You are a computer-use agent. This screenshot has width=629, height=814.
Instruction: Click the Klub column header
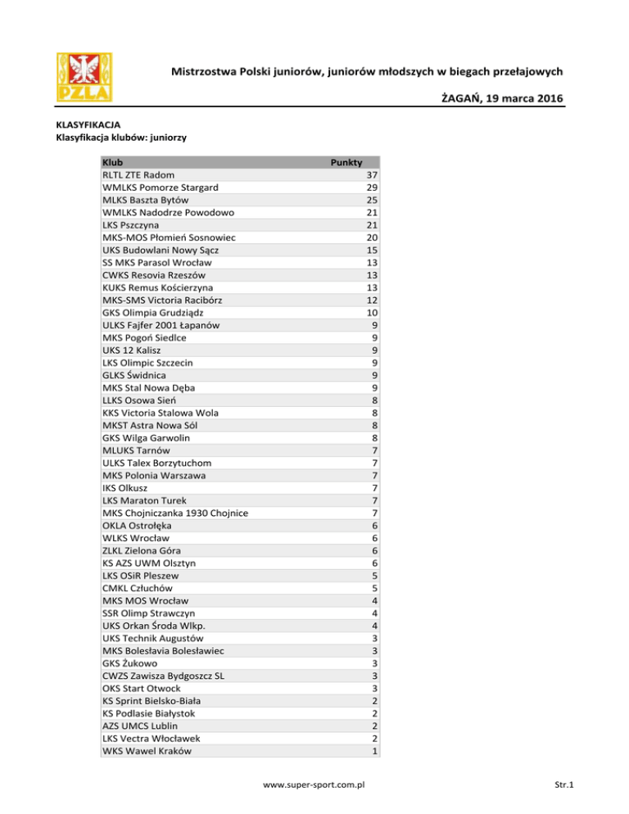[113, 162]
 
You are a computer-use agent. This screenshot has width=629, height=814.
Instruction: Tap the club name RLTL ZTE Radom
[138, 175]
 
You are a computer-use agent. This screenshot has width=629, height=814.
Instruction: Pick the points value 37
[372, 175]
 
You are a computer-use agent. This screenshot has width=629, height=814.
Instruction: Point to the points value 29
[372, 188]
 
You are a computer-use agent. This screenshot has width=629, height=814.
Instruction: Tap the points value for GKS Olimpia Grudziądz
[372, 312]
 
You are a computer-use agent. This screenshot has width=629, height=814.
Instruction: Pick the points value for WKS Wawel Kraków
[374, 750]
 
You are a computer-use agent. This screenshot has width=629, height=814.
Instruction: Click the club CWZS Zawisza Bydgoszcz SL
[164, 675]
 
